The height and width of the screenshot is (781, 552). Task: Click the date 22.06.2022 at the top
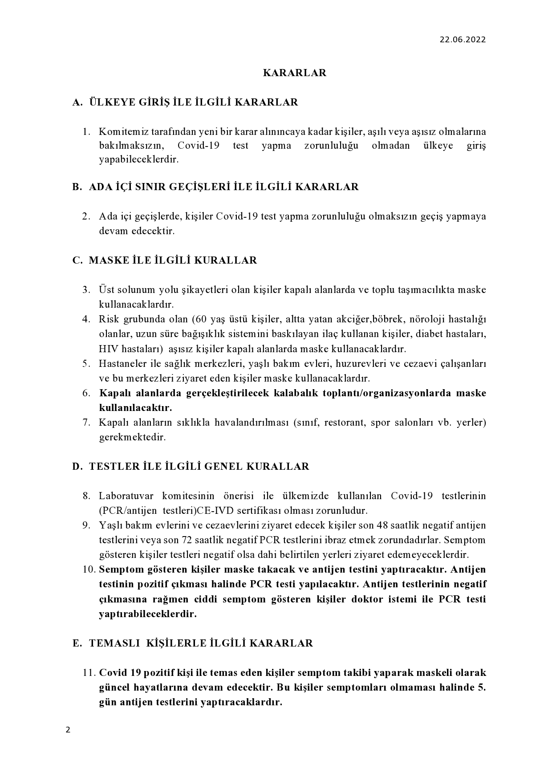click(x=463, y=40)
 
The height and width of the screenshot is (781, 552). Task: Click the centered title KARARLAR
click(x=294, y=73)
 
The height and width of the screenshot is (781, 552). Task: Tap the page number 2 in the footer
click(x=68, y=730)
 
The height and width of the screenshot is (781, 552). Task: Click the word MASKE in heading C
click(x=106, y=260)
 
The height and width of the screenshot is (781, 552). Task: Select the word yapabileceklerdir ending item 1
click(x=138, y=160)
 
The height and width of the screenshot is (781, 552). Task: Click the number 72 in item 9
click(x=187, y=540)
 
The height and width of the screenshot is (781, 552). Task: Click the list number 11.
click(x=89, y=673)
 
